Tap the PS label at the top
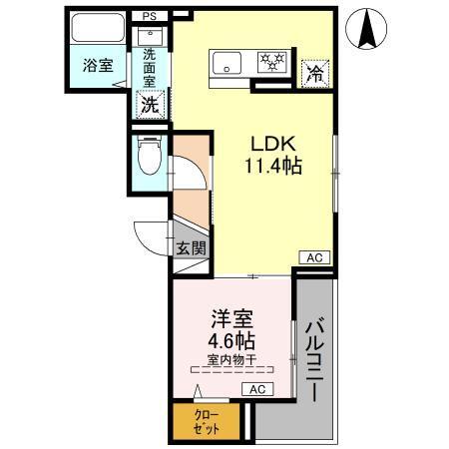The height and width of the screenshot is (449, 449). point(149,17)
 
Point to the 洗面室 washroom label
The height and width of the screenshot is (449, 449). point(150,66)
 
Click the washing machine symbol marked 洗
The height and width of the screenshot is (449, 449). point(149,102)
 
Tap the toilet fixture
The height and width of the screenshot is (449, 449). point(149,155)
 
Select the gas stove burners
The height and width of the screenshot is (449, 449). point(272,62)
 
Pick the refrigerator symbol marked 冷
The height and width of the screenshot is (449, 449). point(314,71)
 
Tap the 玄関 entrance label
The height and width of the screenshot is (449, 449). point(191,249)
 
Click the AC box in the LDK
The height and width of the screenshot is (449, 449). point(312,257)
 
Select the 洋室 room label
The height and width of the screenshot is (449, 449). point(230,320)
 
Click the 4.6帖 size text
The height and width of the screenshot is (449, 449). point(230,342)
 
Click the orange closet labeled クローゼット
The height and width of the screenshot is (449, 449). point(207,420)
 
